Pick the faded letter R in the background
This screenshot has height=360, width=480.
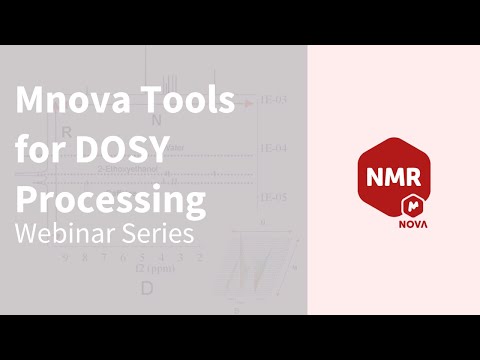click(66, 130)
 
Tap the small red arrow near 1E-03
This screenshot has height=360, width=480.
click(246, 102)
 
